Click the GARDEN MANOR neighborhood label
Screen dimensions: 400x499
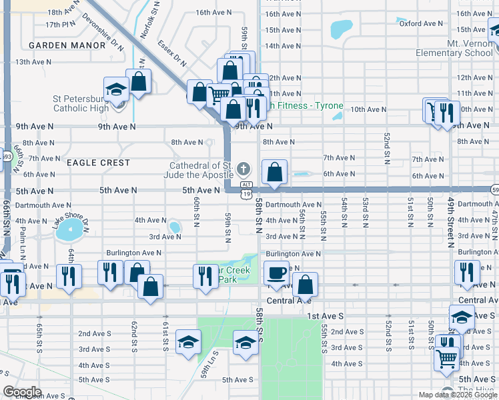[67, 45]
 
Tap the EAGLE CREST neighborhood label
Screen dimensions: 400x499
[97, 163]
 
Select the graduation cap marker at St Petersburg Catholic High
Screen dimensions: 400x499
[116, 89]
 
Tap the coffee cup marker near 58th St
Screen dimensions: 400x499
[277, 272]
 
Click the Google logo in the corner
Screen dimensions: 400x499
[22, 392]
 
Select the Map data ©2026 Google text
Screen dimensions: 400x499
[457, 395]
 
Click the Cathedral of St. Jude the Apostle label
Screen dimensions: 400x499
[200, 170]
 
